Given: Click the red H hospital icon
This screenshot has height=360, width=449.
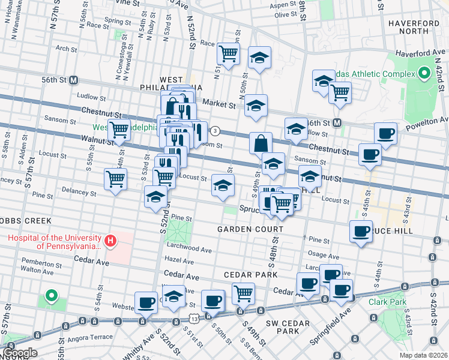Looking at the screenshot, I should tap(110, 241).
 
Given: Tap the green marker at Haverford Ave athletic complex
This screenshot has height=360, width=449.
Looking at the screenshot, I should tap(424, 74).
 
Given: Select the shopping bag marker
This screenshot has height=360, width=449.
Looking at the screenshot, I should tap(261, 144).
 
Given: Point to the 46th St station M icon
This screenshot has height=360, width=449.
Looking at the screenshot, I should tap(337, 123).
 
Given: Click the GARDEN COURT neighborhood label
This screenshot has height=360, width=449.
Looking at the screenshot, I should tap(250, 230).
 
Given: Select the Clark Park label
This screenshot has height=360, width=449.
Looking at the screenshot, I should tap(387, 302).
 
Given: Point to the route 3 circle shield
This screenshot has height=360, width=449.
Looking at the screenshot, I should tap(215, 131).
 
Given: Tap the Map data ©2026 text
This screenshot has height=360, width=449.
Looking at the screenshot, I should tap(423, 355).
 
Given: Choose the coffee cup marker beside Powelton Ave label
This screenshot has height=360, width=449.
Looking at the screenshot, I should tap(385, 134).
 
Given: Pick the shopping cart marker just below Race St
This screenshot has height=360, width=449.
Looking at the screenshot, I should tap(228, 54).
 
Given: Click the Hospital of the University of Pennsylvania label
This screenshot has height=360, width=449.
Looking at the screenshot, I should tap(54, 241).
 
